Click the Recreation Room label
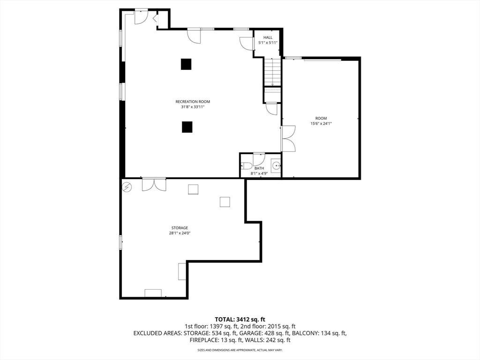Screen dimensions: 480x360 193,102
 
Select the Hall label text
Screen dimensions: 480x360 268,37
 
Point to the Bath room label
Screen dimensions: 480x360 259,168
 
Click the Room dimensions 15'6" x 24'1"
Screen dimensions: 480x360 321,124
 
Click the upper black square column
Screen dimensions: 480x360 186,64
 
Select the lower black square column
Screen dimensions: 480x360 187,127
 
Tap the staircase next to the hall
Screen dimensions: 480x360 272,72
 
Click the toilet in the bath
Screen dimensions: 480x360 246,166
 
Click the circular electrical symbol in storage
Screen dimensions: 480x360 127,187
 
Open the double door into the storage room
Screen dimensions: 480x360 154,185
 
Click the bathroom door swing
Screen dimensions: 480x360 259,159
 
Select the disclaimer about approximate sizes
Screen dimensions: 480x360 240,350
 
